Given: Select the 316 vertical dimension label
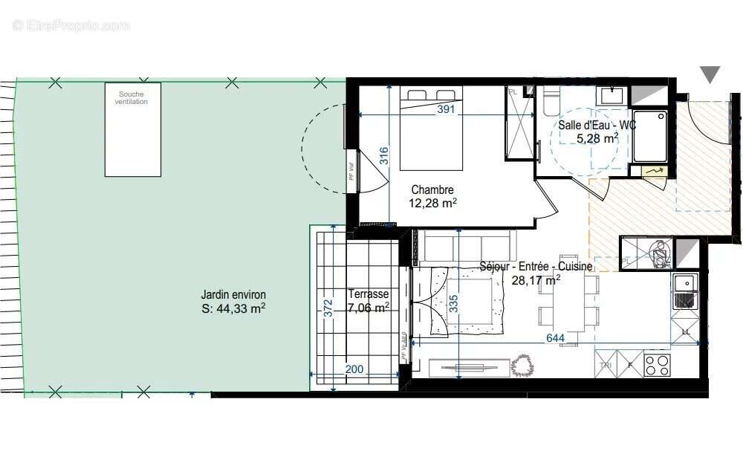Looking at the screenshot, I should tap(383, 155).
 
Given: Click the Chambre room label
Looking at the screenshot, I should tap(432, 189).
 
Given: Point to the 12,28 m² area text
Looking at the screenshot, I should tap(432, 202).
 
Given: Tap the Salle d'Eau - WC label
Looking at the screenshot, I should tap(597, 126).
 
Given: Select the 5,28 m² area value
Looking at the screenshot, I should tap(597, 138).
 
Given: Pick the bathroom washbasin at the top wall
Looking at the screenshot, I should tap(612, 95).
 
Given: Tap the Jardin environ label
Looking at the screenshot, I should tap(233, 294).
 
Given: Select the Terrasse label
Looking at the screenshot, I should tap(368, 294).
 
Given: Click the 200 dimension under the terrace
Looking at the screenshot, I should tap(354, 369).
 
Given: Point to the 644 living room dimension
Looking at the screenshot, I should tap(555, 339).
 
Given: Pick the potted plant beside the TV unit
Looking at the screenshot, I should tap(524, 364).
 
